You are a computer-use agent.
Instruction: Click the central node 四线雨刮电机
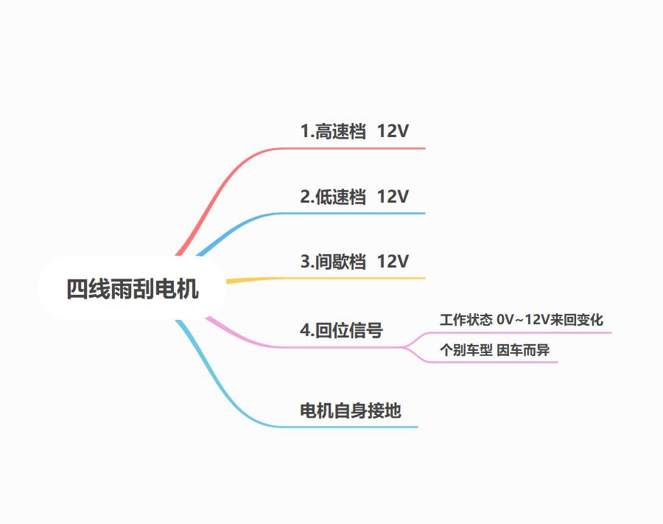point(133,289)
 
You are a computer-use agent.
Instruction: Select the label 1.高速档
point(333,131)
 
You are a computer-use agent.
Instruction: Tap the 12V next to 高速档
point(393,131)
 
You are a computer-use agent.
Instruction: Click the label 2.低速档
point(333,197)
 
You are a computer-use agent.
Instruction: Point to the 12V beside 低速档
point(393,197)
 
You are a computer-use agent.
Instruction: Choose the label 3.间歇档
point(333,262)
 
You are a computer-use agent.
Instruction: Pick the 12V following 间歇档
point(393,262)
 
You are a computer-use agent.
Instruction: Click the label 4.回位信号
point(342,330)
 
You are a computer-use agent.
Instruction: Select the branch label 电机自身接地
point(351,411)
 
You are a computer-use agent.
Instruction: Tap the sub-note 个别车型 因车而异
point(495,350)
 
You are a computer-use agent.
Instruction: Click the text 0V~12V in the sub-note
point(523,320)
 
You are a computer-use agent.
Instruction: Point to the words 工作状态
point(466,320)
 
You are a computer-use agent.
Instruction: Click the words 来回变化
point(576,320)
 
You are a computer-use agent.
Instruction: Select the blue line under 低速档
point(296,213)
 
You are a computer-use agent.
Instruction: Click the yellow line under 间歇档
point(326,279)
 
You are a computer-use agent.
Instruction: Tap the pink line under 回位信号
point(296,347)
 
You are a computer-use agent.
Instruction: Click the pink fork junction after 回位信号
point(404,347)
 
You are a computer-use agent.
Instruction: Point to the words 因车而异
point(523,350)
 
